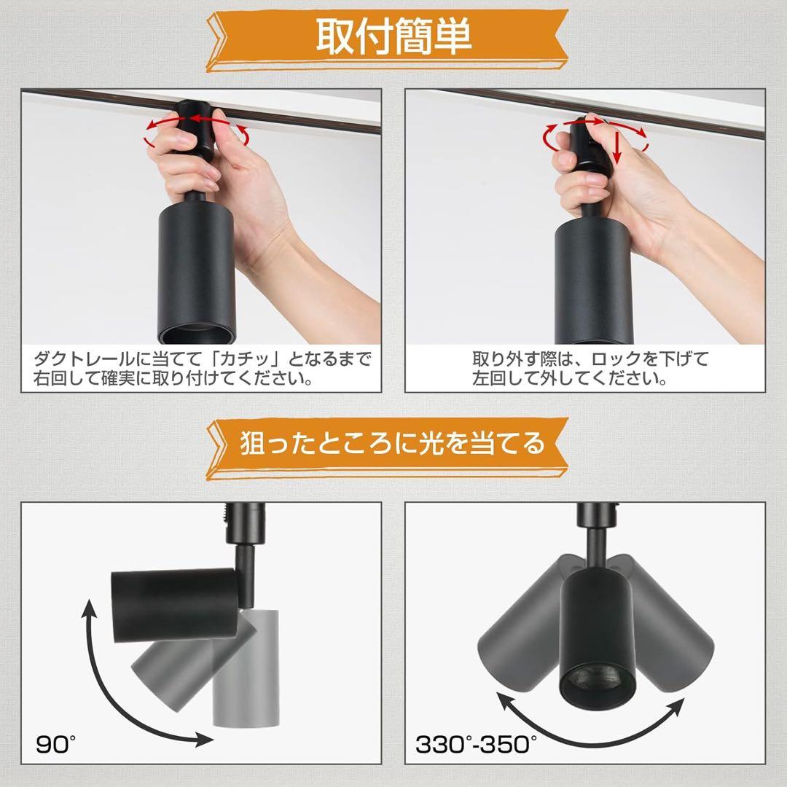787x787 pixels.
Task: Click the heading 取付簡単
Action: [x=393, y=36]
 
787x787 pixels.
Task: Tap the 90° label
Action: [x=55, y=744]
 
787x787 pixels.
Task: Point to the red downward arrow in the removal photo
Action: [x=616, y=146]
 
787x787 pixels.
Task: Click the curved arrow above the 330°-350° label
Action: [x=590, y=721]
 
